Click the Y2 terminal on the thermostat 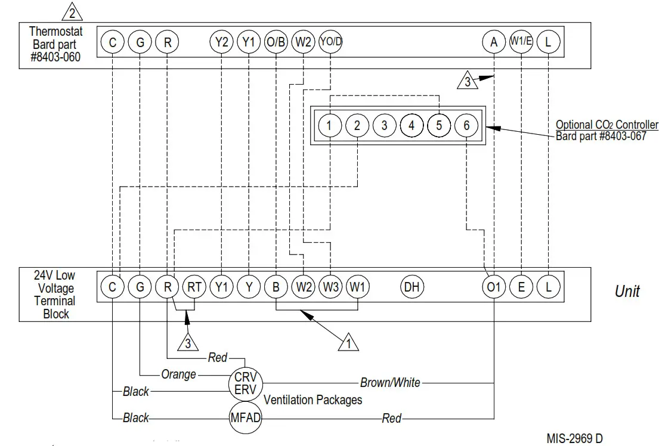tap(221, 42)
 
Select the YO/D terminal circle tap(330, 42)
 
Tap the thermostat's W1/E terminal tap(521, 42)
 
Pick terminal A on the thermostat tap(494, 42)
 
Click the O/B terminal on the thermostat tap(276, 42)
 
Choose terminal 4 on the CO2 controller tap(412, 125)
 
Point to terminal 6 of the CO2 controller tap(466, 125)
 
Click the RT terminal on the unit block tap(194, 287)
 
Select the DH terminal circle tap(412, 287)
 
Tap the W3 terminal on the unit tap(330, 287)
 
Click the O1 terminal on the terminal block tap(494, 287)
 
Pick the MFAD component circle tap(246, 417)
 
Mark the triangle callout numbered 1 tap(348, 343)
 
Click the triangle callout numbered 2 tap(72, 12)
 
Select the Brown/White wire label tap(390, 382)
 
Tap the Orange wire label tap(178, 374)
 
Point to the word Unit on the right tap(627, 291)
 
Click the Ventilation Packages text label tap(313, 399)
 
